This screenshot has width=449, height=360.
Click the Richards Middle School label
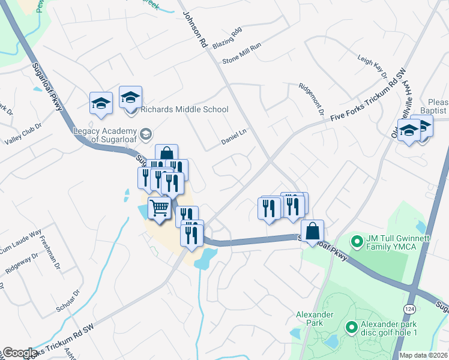[184, 109]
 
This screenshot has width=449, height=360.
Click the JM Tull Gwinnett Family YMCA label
[399, 242]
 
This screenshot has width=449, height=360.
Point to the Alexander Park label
[310, 318]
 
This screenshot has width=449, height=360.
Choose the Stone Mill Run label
[242, 53]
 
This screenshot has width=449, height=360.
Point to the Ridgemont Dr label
[312, 100]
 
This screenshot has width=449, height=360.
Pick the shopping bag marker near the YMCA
[313, 231]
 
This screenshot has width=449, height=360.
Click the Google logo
[19, 353]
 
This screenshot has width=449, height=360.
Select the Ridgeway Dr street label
[22, 262]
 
